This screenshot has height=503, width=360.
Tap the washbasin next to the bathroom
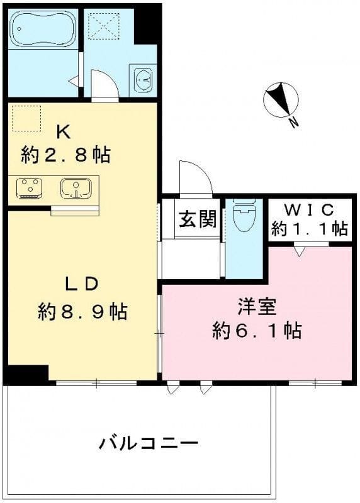pos(143,80)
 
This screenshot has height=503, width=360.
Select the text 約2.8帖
pos(65,154)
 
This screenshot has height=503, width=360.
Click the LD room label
pos(82,284)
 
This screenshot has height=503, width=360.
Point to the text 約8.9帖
pos(82,311)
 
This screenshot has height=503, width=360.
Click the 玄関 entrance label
pos(198,219)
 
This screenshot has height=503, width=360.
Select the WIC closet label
pos(308,209)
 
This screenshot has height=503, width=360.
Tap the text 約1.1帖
pos(309,229)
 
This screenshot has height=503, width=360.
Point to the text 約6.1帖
pos(256,330)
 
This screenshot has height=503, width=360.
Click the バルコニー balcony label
pos(149,443)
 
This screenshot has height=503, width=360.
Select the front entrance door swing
pos(194,177)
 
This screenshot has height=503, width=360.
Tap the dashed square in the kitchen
pos(26,118)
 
